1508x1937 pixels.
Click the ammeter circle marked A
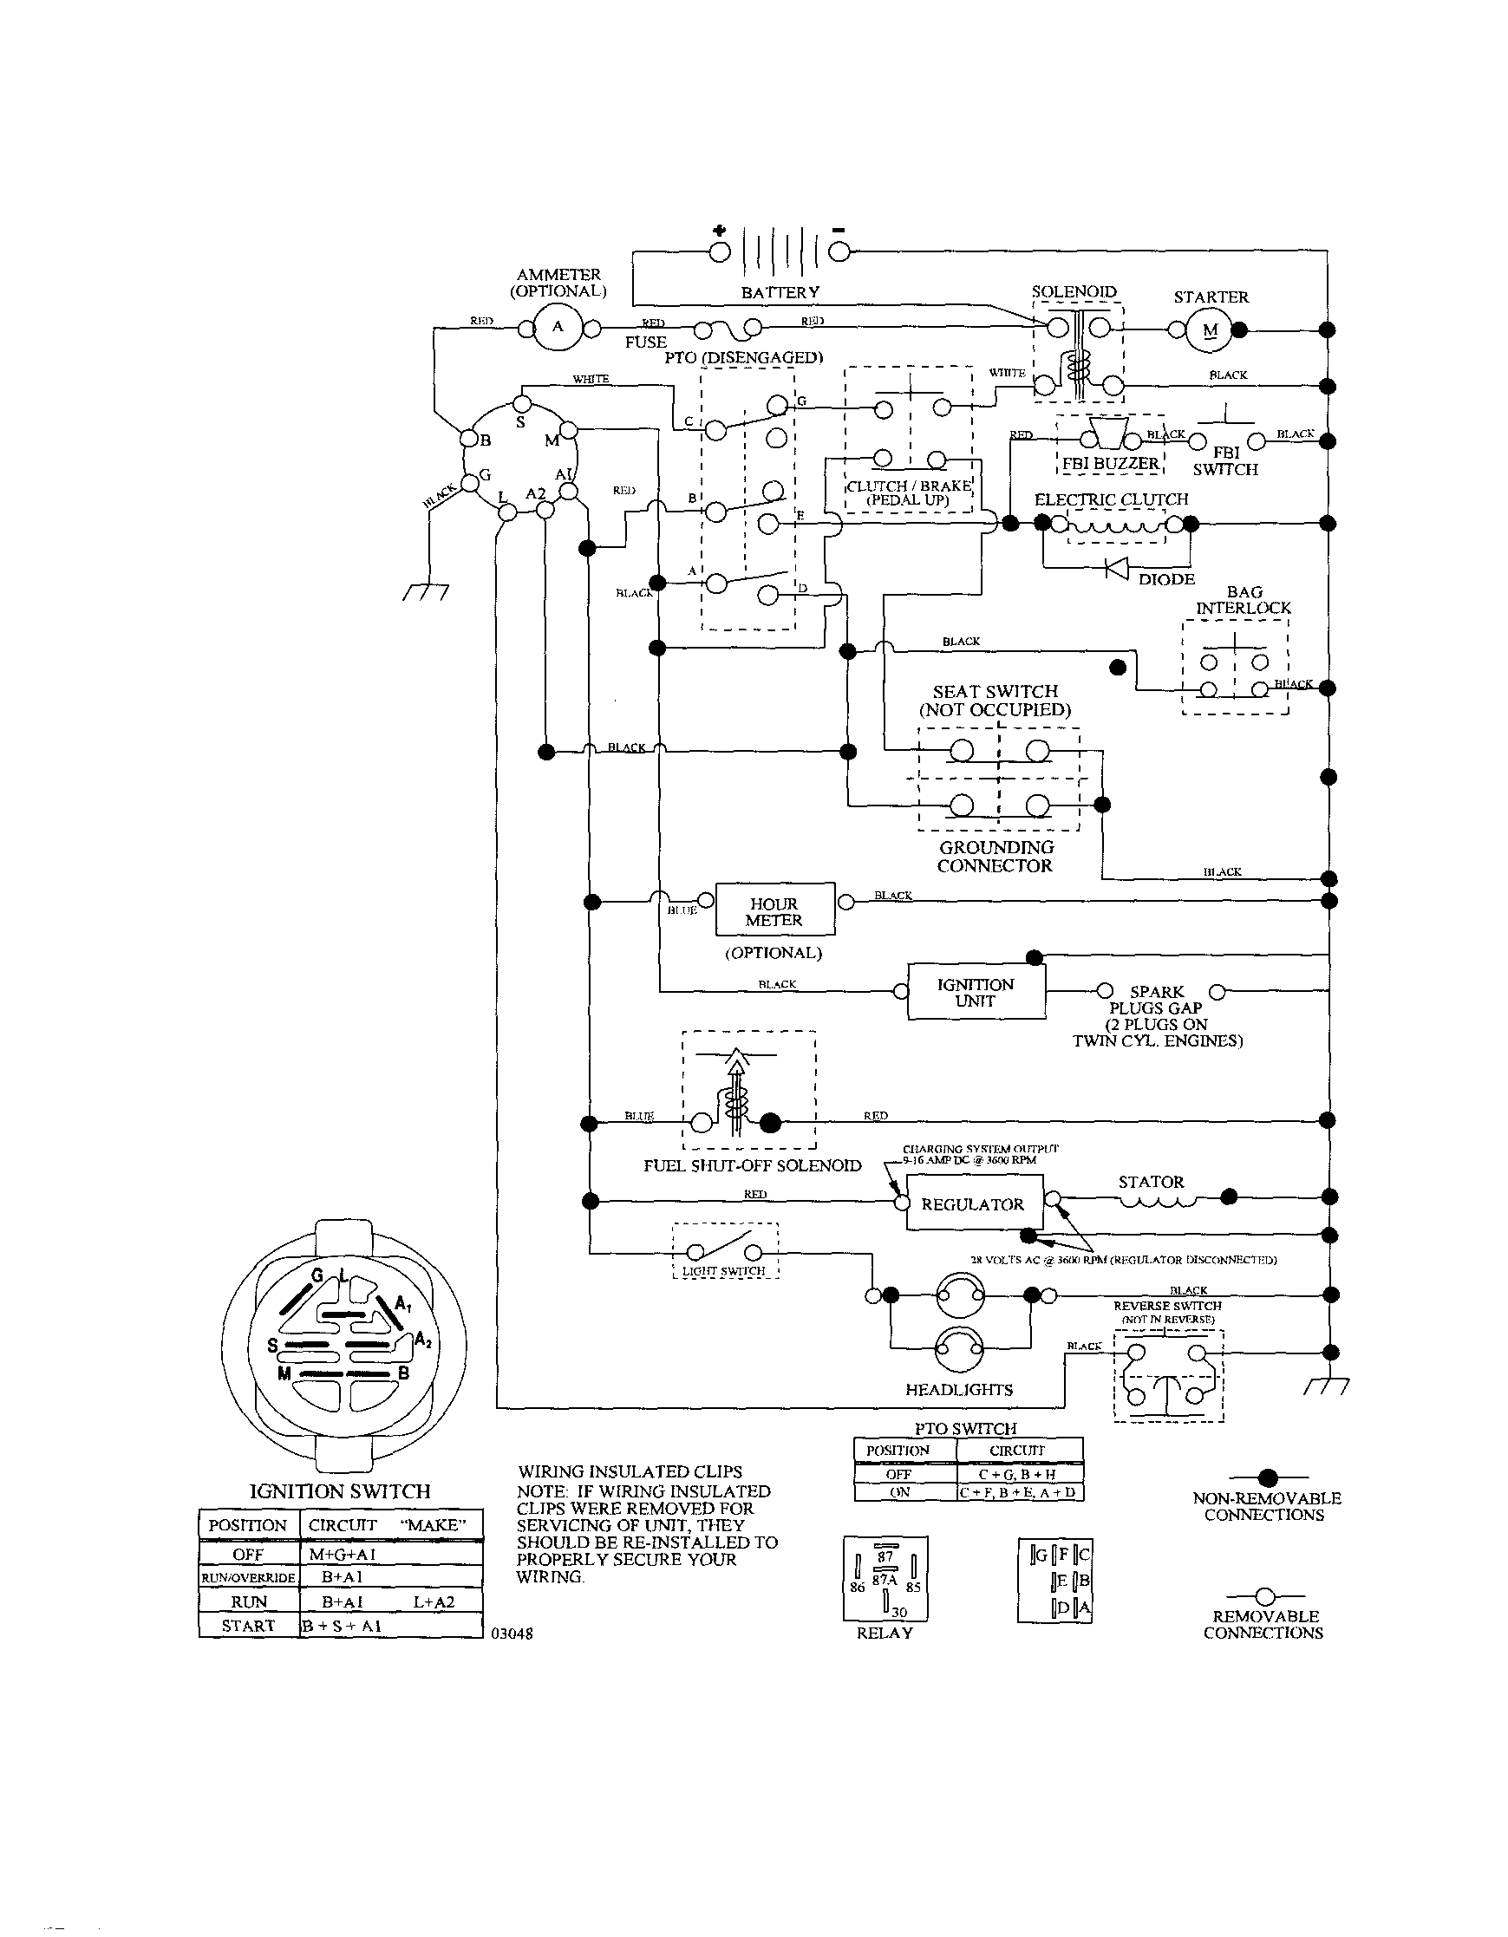558,326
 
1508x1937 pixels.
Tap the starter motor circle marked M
1211,331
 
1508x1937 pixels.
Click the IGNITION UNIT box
976,993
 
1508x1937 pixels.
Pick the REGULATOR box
973,1203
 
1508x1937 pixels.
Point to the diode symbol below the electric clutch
1117,567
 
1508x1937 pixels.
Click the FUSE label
646,342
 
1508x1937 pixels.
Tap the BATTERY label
780,293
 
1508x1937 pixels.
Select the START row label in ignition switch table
247,1626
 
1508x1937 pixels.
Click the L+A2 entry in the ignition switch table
434,1601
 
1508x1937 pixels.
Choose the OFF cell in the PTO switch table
899,1474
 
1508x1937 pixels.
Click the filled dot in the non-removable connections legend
1268,1477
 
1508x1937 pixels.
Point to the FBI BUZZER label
1111,464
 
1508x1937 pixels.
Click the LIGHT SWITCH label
724,1271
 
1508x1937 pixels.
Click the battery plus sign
719,231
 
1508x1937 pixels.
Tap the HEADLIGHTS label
959,1390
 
